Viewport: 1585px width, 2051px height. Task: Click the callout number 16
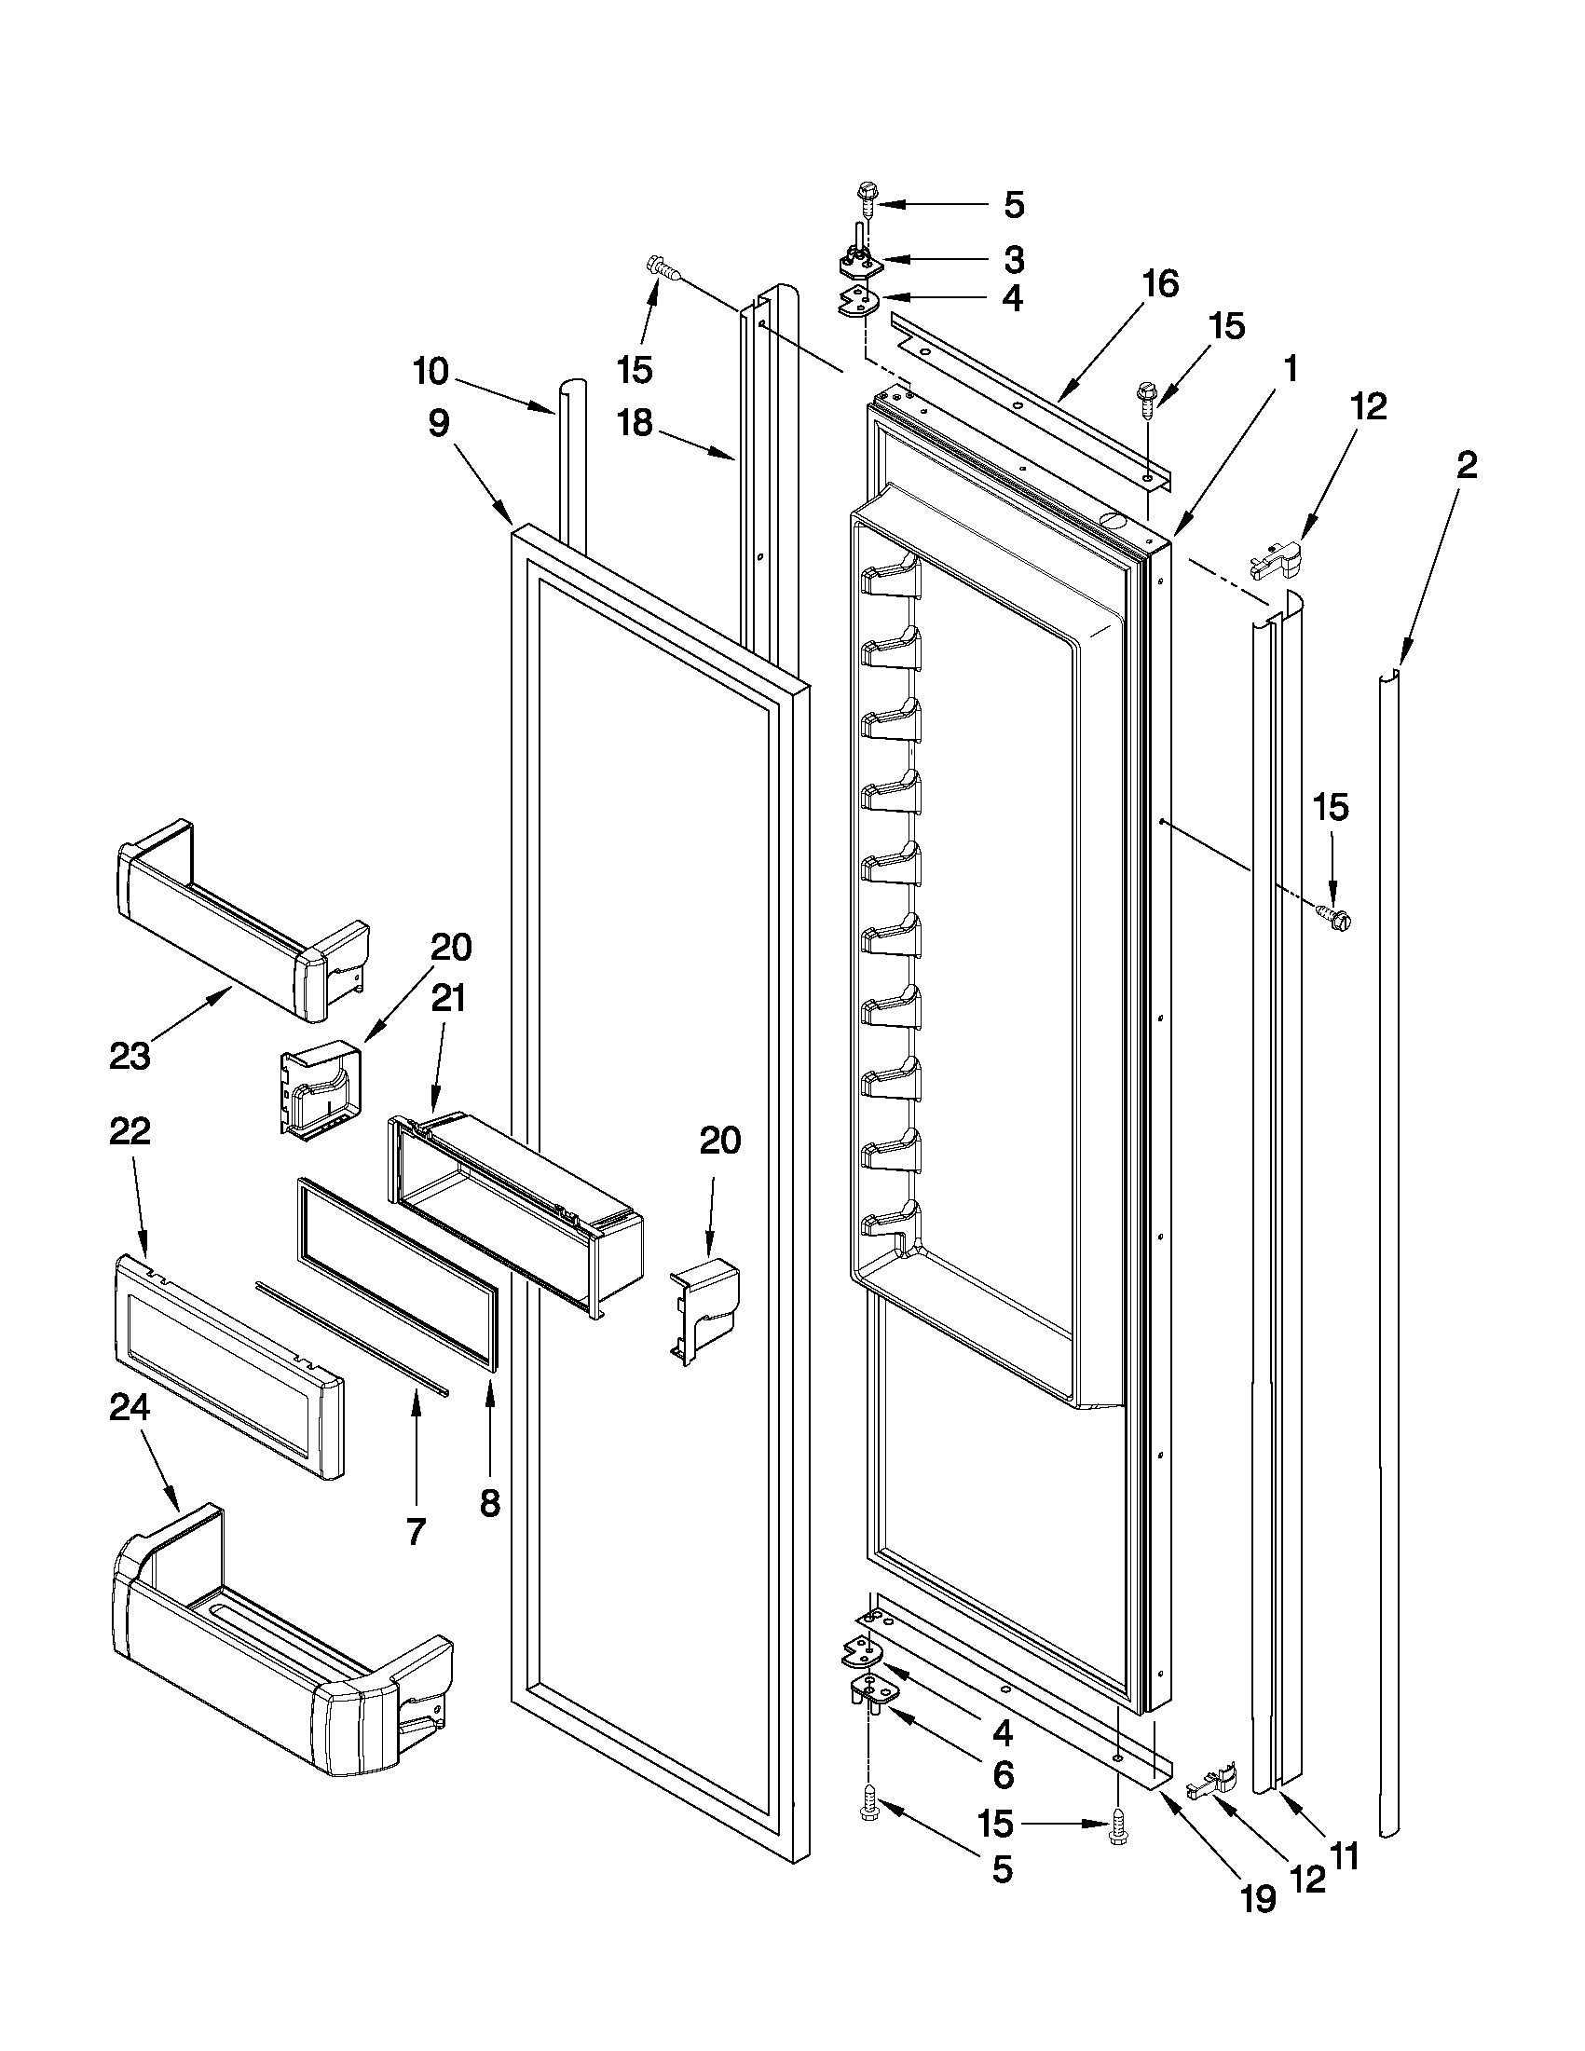(x=1160, y=283)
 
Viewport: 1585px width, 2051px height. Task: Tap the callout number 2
(x=1467, y=466)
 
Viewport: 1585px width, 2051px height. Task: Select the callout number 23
(x=130, y=1057)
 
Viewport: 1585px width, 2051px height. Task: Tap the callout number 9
(x=439, y=425)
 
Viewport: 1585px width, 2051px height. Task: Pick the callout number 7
(x=416, y=1532)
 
